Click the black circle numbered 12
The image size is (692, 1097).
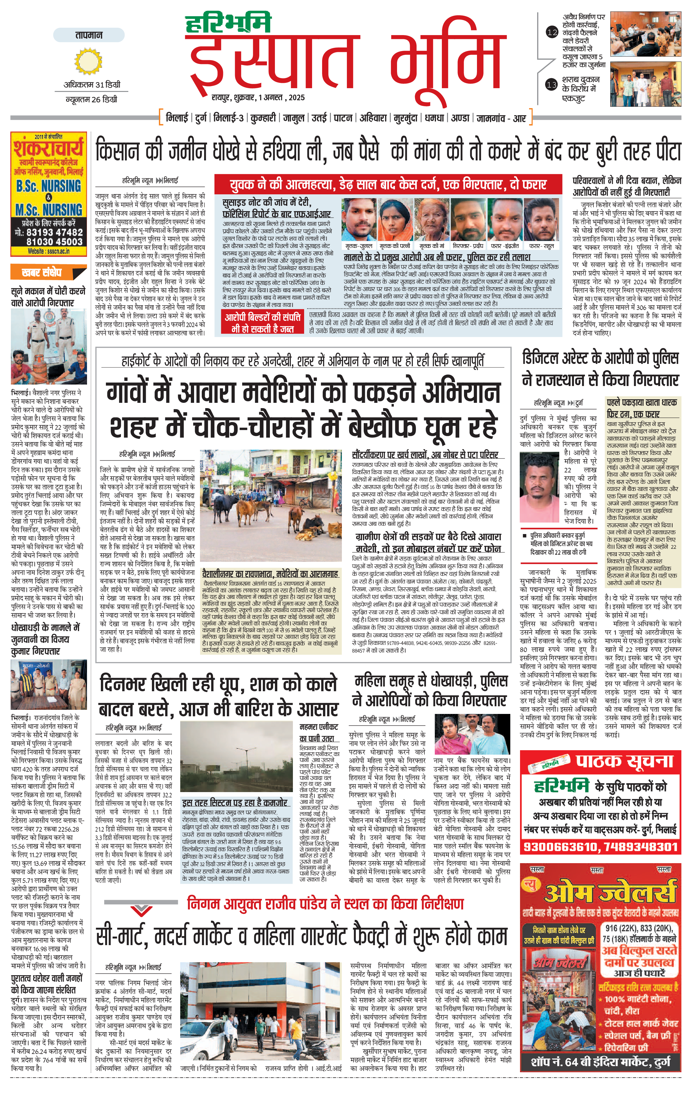tap(552, 32)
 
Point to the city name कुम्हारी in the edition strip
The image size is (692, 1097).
tap(263, 118)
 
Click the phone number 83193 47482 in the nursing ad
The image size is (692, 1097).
tap(49, 232)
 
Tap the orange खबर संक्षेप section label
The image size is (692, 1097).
tap(42, 272)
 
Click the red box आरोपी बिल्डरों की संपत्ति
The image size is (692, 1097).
tap(263, 322)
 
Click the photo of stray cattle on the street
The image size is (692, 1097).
tap(270, 506)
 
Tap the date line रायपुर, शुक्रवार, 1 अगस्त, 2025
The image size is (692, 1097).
tap(258, 97)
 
